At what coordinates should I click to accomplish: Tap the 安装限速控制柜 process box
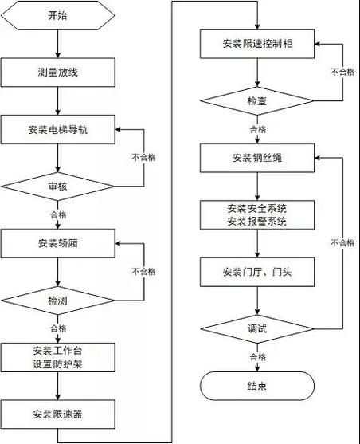point(258,43)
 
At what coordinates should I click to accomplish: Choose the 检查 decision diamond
point(258,101)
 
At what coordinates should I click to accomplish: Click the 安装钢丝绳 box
point(258,157)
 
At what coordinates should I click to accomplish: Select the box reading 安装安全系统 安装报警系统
point(258,214)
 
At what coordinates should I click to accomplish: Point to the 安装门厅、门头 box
point(258,273)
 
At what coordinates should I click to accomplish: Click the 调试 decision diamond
point(258,328)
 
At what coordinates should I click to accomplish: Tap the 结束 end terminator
point(258,387)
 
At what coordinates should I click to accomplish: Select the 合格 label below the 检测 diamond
point(58,328)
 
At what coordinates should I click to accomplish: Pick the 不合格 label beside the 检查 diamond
point(342,72)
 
